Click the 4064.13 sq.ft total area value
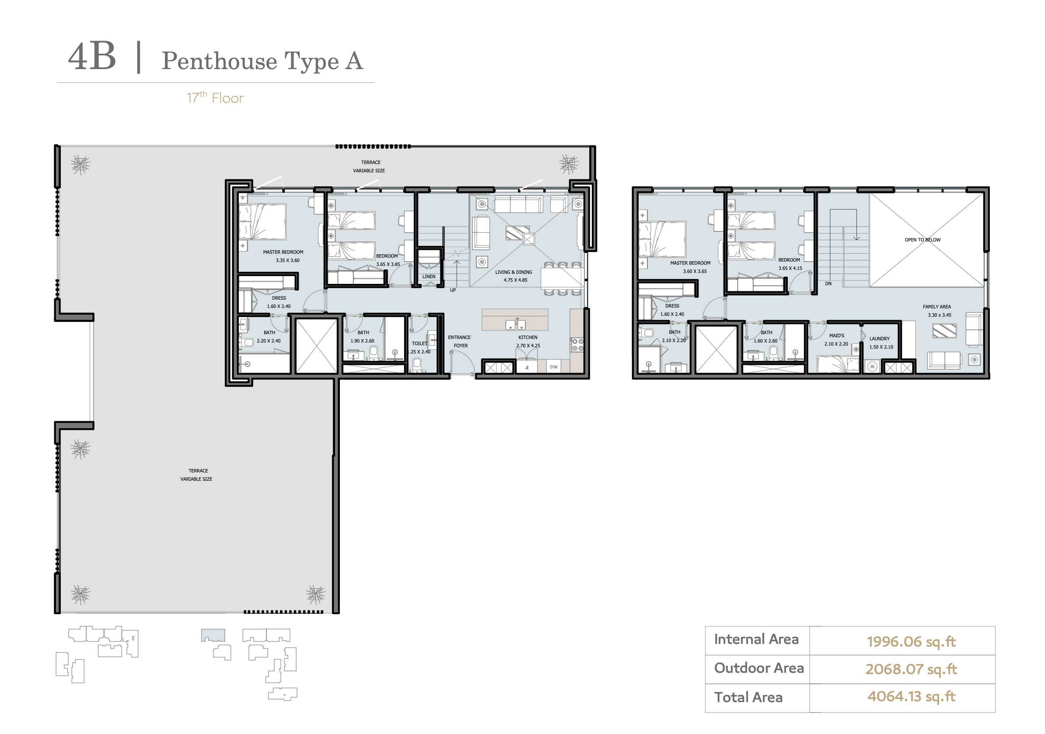[911, 696]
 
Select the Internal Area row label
[756, 639]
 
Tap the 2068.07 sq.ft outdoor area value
[911, 669]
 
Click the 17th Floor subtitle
[215, 98]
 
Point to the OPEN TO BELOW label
[922, 240]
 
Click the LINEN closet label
[428, 276]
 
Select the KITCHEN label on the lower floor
[528, 337]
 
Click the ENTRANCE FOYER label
[459, 341]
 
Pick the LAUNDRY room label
[879, 339]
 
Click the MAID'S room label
[836, 336]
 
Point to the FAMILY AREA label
[937, 307]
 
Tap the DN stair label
[828, 283]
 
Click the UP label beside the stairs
[452, 290]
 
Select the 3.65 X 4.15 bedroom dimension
[790, 268]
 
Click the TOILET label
[419, 343]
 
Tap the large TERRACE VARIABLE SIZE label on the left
[197, 475]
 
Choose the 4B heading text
[92, 57]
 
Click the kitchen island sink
[515, 325]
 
